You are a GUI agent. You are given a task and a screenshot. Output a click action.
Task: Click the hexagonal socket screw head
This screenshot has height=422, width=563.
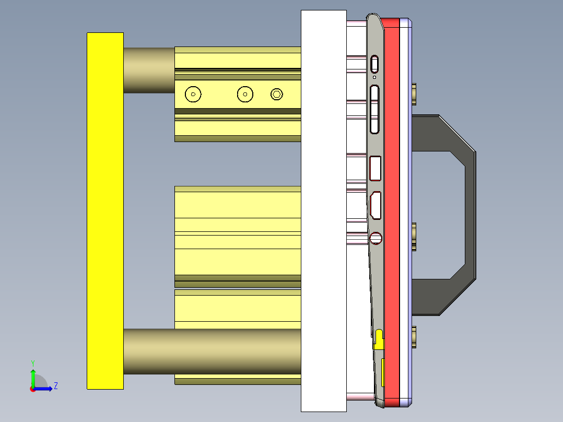click(277, 94)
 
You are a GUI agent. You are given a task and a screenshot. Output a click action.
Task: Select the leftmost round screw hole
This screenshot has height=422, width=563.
click(193, 94)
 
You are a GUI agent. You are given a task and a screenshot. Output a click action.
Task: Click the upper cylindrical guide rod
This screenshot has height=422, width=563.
click(149, 71)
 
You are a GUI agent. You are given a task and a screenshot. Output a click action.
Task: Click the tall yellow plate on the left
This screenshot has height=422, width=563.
click(105, 210)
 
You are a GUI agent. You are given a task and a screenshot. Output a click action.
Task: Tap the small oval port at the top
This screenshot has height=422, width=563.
click(374, 64)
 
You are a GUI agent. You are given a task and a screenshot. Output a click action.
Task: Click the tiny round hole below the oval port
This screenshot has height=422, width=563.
click(374, 77)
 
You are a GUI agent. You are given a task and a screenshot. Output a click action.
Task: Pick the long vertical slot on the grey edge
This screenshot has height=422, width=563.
click(374, 110)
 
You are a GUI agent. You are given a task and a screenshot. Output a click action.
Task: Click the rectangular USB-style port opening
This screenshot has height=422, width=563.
click(374, 168)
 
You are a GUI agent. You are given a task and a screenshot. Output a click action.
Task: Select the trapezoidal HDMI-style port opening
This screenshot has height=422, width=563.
click(375, 206)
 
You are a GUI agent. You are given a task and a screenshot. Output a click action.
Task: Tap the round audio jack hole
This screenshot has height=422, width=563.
click(376, 239)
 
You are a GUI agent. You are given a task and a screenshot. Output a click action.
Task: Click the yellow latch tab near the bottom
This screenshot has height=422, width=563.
click(379, 339)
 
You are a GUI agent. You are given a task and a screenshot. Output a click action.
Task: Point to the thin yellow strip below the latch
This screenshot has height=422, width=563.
click(383, 373)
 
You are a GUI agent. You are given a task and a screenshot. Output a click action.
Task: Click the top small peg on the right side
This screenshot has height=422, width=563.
click(414, 93)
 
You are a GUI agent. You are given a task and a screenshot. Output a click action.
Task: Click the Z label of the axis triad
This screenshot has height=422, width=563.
click(55, 386)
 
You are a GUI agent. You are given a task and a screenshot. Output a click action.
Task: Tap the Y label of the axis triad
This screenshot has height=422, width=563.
click(32, 362)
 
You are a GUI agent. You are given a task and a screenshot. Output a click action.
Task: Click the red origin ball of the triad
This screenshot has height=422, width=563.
click(32, 389)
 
